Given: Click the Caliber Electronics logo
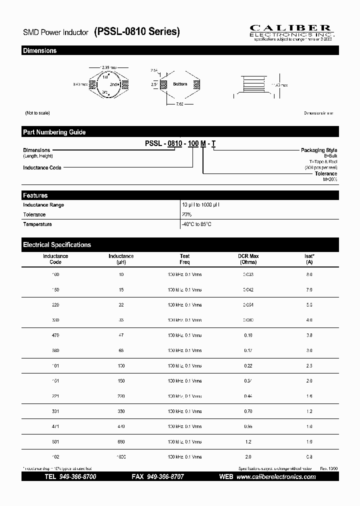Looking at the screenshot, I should tap(293, 31).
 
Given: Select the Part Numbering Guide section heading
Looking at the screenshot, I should tap(54, 132).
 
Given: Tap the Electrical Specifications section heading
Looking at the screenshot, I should tap(56, 245).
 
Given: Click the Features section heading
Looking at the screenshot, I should tap(35, 195).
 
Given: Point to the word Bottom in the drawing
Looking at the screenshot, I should tap(180, 84).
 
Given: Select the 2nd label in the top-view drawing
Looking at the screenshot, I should tap(113, 84).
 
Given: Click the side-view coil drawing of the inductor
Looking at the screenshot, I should tap(253, 85).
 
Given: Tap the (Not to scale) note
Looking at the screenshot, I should tap(37, 113).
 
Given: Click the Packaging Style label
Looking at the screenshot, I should tap(318, 150).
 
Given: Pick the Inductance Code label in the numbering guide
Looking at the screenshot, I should tap(42, 167).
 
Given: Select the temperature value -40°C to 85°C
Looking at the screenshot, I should tap(196, 224).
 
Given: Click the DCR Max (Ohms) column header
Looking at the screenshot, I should tap(248, 259).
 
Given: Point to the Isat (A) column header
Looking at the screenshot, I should tap(309, 259).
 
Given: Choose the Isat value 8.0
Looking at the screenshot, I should tap(309, 275).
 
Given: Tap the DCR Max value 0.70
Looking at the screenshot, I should tap(248, 411).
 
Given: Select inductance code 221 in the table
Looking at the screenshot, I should tap(55, 396).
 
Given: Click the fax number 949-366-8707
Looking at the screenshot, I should tap(165, 477).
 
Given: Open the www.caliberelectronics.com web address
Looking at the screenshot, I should tap(276, 477).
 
